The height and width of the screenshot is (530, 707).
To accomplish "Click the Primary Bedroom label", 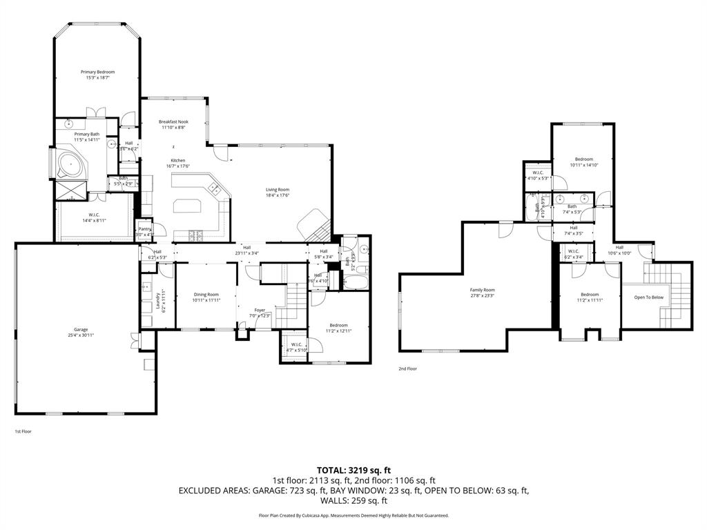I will coord(97,72).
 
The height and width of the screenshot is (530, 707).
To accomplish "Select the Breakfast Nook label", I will coord(173,121).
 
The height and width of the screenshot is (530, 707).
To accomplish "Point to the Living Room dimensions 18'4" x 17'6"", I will coord(278,195).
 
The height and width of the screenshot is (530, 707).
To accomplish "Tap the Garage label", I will coord(81,329).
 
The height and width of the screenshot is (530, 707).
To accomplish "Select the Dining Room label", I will coord(206,295).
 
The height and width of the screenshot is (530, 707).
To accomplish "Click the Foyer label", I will coord(260,310).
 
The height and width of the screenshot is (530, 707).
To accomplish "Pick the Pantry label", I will coord(145,229).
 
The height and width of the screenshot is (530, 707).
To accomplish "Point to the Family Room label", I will coord(483,290).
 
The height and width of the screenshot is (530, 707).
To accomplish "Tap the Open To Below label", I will coord(648,297).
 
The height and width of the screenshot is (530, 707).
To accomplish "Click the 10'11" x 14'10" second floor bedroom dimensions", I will coord(584,165).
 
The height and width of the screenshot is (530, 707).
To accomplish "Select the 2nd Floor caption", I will coord(407,369).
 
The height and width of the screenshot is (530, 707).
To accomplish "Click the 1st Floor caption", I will coord(23,431).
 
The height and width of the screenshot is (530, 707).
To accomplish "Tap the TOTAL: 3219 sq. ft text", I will coord(353,470).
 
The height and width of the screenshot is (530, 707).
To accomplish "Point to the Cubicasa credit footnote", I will coord(353,516).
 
